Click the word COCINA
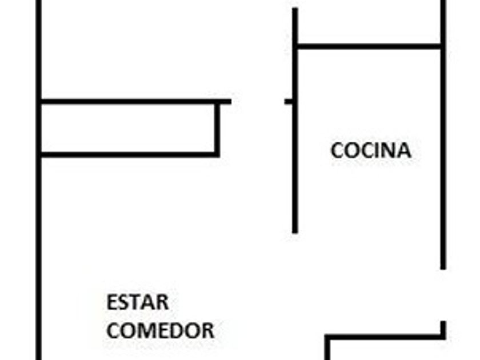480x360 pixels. [x=371, y=150]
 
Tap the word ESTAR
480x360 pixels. [x=137, y=302]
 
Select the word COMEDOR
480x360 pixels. [x=161, y=330]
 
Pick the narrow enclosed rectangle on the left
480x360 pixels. [x=129, y=129]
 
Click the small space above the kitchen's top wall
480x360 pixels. [x=369, y=23]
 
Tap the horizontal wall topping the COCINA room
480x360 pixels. [x=369, y=46]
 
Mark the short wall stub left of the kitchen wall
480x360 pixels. [x=289, y=102]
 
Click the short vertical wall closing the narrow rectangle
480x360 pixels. [x=217, y=129]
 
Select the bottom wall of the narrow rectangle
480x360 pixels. [x=129, y=154]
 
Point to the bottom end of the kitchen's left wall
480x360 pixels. [x=295, y=231]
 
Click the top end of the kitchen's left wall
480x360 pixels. [x=295, y=10]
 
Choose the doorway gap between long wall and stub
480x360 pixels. [x=258, y=102]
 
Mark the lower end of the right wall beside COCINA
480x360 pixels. [x=443, y=266]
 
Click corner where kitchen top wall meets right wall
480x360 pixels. [x=442, y=46]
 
